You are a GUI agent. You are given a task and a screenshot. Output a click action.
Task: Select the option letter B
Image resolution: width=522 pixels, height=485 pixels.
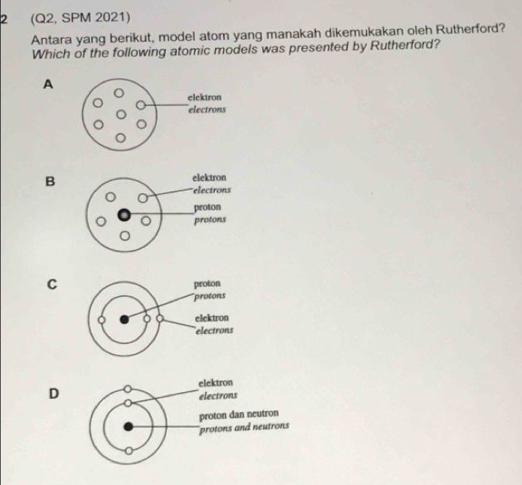(x=51, y=181)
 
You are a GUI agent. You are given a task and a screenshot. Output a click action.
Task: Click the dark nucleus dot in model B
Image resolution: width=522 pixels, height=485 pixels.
(x=124, y=217)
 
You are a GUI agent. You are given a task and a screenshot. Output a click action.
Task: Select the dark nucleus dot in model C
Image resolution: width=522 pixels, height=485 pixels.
(x=124, y=318)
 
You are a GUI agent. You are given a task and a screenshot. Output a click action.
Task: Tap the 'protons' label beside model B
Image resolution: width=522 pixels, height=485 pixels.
(x=211, y=221)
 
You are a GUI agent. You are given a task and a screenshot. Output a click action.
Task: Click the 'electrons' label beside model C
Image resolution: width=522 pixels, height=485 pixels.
(x=214, y=329)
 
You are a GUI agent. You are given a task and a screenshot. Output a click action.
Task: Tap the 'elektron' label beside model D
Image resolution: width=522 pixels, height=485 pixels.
(x=216, y=382)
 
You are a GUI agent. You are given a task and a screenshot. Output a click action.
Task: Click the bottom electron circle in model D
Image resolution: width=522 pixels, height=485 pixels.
(x=128, y=451)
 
